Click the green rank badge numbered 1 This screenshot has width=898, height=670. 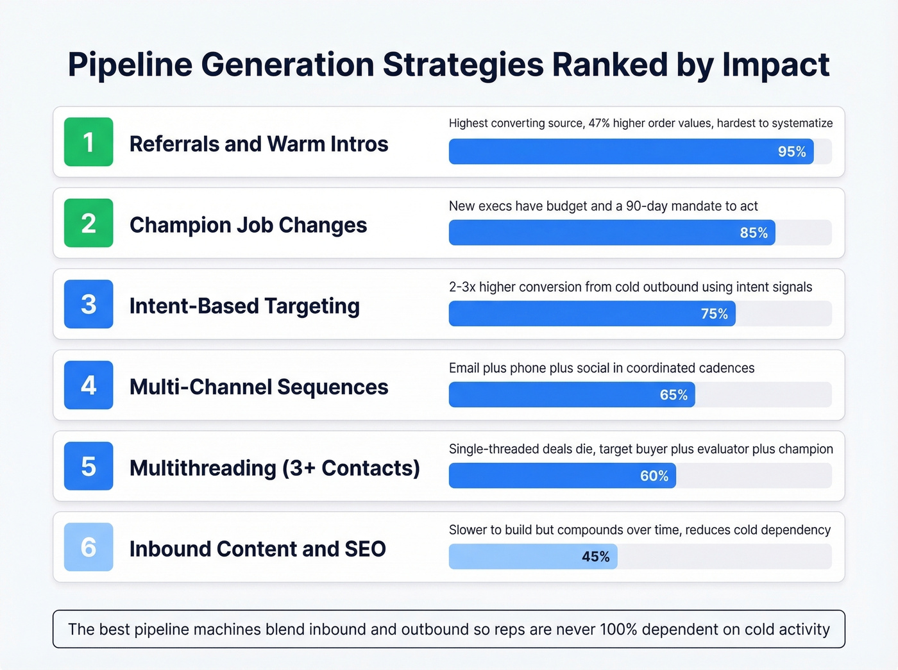(x=89, y=142)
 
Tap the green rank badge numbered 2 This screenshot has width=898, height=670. (x=89, y=223)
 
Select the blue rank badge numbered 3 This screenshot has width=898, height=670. (x=89, y=304)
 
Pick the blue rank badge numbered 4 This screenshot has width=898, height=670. (x=89, y=385)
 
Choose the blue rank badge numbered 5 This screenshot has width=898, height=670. (x=89, y=466)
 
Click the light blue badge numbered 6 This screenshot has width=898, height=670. (x=89, y=547)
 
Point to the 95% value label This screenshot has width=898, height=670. (x=792, y=152)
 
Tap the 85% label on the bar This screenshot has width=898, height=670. (x=754, y=233)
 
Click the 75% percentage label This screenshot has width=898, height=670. (x=714, y=314)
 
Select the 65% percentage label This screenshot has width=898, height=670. (x=673, y=395)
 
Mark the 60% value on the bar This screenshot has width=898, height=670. (x=654, y=476)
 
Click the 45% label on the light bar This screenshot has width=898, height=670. (x=595, y=557)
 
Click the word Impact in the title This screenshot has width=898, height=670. (x=775, y=65)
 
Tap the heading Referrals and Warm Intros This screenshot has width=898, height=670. (x=258, y=144)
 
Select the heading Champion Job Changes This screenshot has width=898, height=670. (x=248, y=225)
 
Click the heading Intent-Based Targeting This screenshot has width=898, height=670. (x=244, y=306)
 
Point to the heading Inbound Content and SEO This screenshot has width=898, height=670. (x=258, y=549)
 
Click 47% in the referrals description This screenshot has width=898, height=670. (x=599, y=123)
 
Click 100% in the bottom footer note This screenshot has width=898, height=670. (x=618, y=629)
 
